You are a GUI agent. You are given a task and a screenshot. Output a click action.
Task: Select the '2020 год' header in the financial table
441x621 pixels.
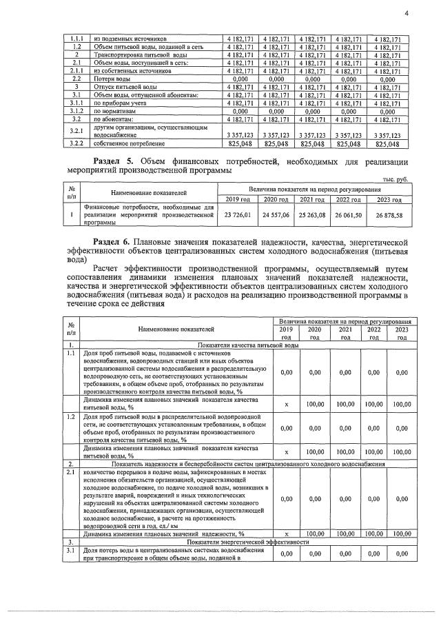click(x=275, y=199)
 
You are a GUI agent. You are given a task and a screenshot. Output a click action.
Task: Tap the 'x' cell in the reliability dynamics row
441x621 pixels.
click(x=286, y=534)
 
